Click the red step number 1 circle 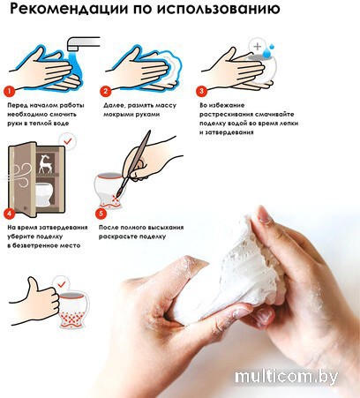9,91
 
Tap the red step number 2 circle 105,91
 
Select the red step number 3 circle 201,91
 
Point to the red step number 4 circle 9,213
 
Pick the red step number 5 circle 101,213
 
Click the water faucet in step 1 83,43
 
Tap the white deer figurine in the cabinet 46,163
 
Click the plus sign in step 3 258,46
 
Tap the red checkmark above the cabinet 68,141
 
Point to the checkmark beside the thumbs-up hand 62,284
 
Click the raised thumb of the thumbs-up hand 32,284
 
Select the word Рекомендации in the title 69,10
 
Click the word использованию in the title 218,9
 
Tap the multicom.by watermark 287,377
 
